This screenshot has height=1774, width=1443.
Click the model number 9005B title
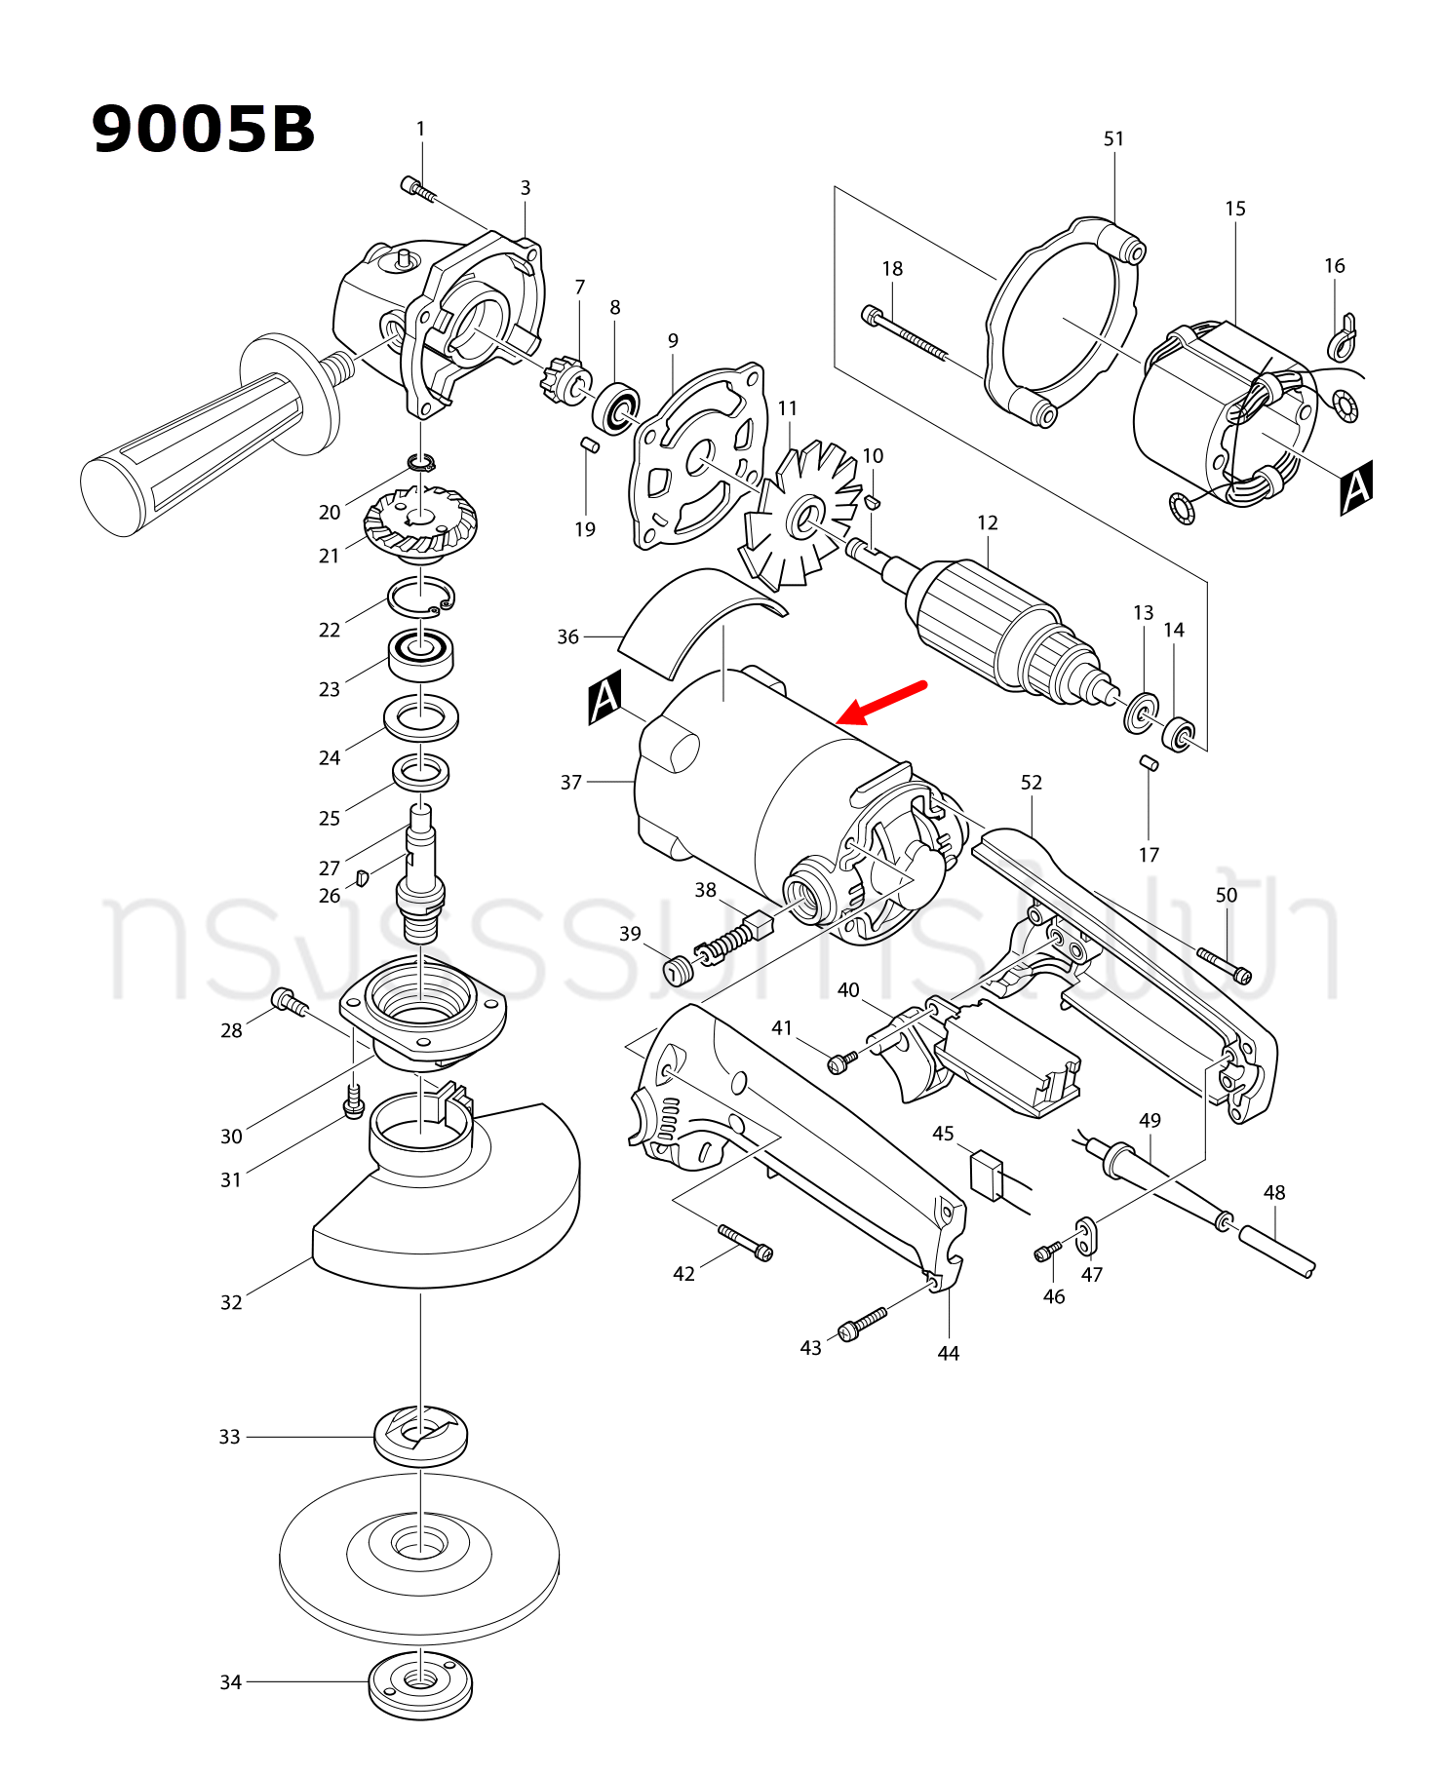point(203,130)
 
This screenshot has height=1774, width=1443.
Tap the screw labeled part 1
point(418,188)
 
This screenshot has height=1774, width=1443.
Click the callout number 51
point(1113,139)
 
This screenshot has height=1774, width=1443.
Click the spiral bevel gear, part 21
point(420,523)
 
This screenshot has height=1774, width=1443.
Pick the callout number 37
point(571,782)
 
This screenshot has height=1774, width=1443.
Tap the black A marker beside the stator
point(1356,487)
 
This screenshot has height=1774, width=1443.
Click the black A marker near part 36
point(604,697)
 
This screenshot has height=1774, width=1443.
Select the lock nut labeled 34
point(420,1684)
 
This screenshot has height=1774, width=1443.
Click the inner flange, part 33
point(420,1435)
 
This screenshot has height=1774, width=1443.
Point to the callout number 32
point(231,1302)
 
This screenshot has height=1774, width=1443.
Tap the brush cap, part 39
point(677,971)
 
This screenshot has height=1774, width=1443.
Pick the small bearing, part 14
point(1179,733)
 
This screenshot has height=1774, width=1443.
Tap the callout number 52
point(1032,783)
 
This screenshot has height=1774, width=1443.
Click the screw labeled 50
point(1225,964)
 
